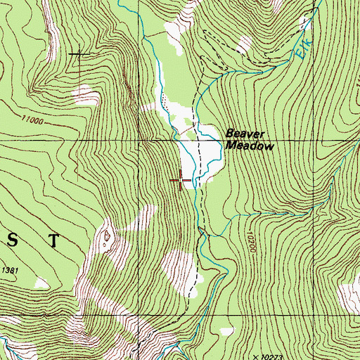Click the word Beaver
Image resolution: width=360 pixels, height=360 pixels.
[243, 133]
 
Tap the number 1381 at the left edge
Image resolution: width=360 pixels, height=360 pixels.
[8, 270]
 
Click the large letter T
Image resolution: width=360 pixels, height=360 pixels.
[54, 240]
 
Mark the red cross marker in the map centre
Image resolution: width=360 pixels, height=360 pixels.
[181, 180]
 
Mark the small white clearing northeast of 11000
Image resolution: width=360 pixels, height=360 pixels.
[88, 92]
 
